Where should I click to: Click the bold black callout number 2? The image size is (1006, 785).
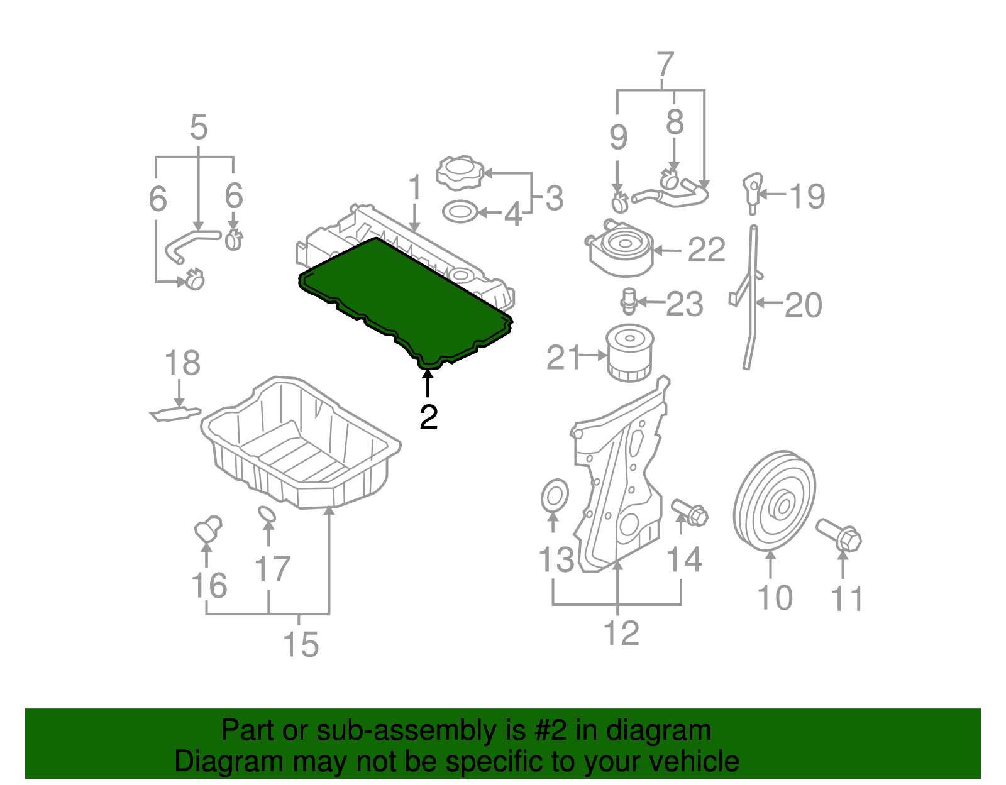click(428, 417)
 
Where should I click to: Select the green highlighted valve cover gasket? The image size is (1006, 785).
click(402, 295)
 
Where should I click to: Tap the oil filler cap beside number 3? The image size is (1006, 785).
click(460, 172)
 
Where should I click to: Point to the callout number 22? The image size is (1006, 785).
click(706, 250)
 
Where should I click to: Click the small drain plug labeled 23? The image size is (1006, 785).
click(628, 301)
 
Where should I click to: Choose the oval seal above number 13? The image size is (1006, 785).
click(554, 497)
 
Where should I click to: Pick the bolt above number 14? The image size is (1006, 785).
click(690, 512)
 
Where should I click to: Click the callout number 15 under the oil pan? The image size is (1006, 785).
click(301, 644)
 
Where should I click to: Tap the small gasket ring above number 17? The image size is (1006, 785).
click(267, 515)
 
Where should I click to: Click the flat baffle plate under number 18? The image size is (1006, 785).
click(175, 413)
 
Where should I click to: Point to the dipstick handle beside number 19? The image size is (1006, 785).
click(751, 189)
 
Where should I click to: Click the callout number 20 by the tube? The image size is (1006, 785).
click(803, 305)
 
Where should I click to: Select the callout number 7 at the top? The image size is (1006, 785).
click(665, 65)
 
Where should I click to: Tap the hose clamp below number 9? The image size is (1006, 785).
click(620, 202)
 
